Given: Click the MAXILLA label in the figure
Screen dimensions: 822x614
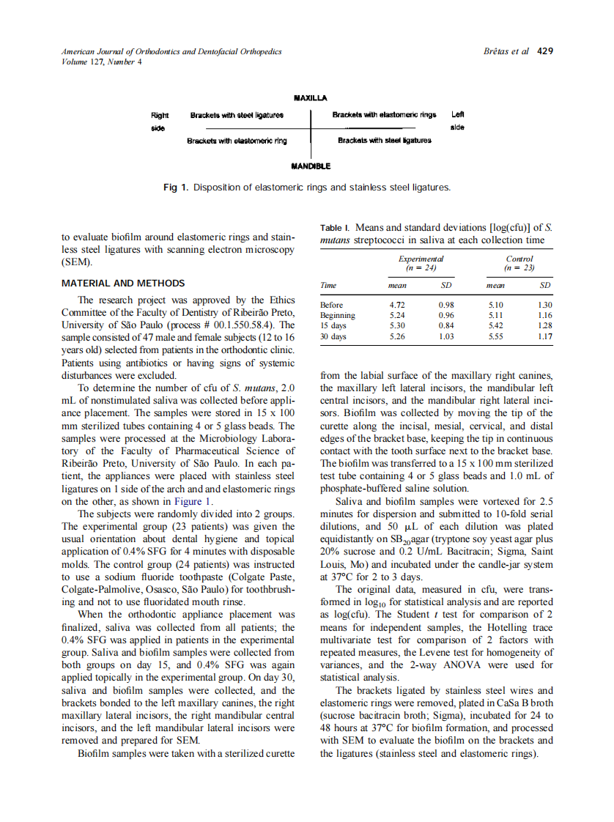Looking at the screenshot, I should coord(310,97).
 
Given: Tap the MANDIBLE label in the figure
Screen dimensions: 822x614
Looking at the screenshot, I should coord(310,166).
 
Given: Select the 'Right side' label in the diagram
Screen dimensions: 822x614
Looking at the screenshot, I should coord(159,122).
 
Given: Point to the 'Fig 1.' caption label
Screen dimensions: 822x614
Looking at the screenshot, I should coord(176,188).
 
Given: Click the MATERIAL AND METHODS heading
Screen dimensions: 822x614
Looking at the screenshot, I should coord(123,284).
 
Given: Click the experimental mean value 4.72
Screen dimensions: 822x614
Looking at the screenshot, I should coord(397,305).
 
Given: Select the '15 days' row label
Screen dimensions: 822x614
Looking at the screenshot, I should coord(333,326).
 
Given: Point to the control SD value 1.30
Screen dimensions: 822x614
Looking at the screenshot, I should coord(544,305).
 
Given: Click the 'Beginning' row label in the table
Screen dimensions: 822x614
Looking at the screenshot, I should coord(338,316).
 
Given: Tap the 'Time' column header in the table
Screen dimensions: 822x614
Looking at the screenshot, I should coord(329,285).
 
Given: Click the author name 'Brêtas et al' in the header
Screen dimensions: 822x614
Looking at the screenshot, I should coord(506,51).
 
